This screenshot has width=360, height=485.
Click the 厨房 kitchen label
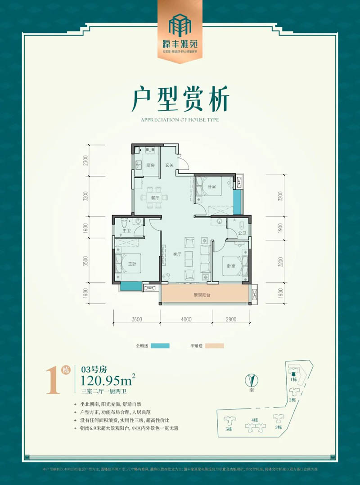(x=150, y=166)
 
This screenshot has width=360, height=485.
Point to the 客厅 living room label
(x=177, y=254)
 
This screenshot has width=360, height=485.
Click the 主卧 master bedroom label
(x=134, y=265)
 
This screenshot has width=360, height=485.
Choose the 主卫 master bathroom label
(x=126, y=231)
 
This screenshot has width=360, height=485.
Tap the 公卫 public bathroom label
(x=242, y=233)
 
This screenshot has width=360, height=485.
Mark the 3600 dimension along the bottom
(x=137, y=319)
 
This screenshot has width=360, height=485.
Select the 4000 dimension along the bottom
(x=186, y=319)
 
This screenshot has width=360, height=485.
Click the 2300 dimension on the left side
(x=85, y=161)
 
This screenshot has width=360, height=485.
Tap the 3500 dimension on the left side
(x=85, y=262)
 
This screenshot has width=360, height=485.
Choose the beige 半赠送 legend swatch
(x=214, y=346)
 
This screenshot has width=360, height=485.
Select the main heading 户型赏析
(x=180, y=100)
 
